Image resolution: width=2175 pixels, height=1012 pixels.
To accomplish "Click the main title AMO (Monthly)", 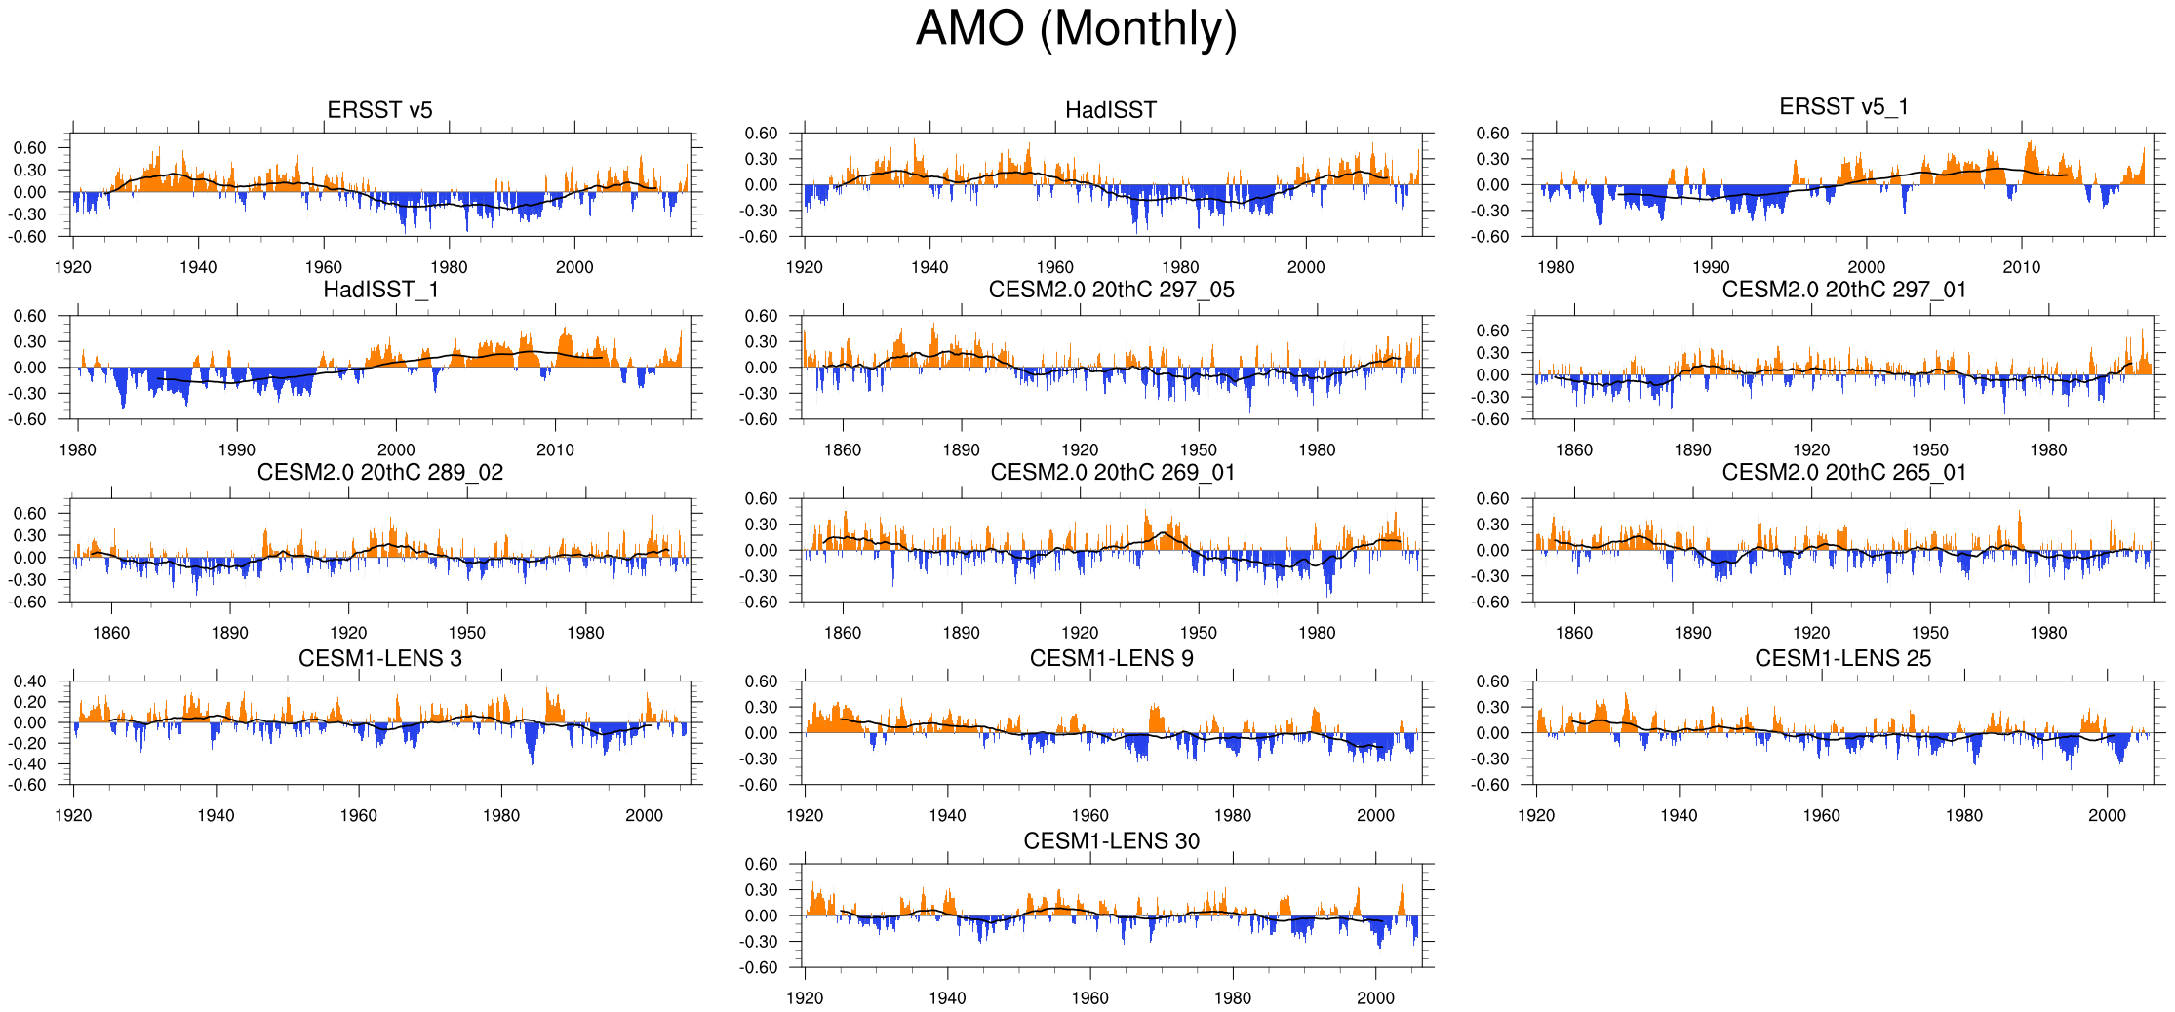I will [x=1076, y=29].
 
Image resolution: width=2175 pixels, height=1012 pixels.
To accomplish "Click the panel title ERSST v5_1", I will [x=1843, y=106].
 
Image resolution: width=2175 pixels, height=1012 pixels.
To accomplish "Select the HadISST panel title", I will [x=1111, y=110].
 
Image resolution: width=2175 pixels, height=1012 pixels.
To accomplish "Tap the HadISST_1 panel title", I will [x=380, y=290].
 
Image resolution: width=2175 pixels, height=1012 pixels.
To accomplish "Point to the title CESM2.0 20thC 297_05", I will [x=1111, y=290].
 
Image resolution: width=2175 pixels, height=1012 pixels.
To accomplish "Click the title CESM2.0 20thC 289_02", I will [x=380, y=472].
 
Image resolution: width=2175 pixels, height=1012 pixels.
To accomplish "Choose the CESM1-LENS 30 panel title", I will [x=1111, y=840].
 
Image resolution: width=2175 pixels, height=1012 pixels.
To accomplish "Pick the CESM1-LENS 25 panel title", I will [x=1842, y=658].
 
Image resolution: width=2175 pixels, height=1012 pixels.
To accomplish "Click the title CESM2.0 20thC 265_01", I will [x=1843, y=472].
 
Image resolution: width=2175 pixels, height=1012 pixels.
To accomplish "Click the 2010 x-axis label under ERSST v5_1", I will [x=2021, y=267].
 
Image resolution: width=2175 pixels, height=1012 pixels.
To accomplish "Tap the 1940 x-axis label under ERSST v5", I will [x=198, y=267].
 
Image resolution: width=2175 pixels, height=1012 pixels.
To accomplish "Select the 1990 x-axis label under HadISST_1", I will [x=236, y=449].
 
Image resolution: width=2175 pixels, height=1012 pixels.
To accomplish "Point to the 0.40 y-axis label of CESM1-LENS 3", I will [x=29, y=681].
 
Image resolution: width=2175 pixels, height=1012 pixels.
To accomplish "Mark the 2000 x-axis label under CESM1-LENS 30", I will [x=1375, y=997].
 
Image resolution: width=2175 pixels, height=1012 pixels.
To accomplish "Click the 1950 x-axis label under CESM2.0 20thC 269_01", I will [x=1198, y=633].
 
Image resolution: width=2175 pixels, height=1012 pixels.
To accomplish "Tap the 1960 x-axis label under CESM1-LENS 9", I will [x=1089, y=815].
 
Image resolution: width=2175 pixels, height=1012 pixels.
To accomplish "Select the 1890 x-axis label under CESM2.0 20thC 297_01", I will [x=1692, y=449].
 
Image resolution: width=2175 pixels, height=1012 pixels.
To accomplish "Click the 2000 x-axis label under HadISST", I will [x=1306, y=267].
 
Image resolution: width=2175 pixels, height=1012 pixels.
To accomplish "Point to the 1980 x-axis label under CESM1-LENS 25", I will [x=1963, y=815].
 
